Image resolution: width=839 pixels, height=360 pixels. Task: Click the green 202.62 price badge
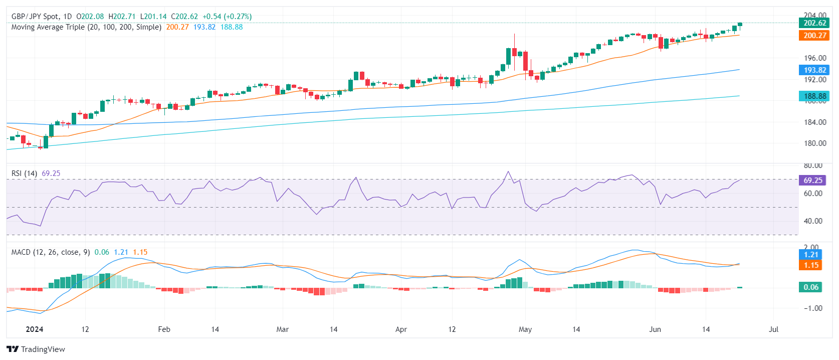coord(814,23)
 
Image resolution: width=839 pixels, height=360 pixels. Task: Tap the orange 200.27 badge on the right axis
coord(814,35)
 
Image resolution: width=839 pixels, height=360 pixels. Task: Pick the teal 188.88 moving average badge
coord(814,96)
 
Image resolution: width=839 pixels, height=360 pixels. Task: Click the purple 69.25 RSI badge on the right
coord(812,181)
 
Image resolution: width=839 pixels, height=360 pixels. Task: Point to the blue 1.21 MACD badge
coord(811,255)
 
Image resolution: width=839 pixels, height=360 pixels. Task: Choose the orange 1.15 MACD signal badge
coord(811,265)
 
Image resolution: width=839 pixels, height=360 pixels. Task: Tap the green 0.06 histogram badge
coord(811,287)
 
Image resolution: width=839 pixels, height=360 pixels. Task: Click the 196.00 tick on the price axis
coord(815,58)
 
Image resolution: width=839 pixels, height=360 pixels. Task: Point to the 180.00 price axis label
coord(815,143)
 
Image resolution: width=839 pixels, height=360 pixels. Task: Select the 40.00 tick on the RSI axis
coord(813,221)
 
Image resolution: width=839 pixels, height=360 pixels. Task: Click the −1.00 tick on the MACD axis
coord(813,308)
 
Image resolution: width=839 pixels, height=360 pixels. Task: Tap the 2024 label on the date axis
coord(35,329)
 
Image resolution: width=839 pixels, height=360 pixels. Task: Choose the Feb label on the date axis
coord(164,329)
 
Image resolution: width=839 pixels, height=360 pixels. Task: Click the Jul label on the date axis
coord(773,329)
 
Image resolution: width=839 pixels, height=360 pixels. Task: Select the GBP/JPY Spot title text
coord(35,17)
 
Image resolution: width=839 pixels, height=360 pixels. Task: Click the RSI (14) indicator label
coord(24,173)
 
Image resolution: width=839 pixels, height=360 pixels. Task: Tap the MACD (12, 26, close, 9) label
coord(51,252)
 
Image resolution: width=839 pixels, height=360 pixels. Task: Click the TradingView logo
coord(36,349)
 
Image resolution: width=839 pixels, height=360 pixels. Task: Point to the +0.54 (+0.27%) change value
coord(227,17)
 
